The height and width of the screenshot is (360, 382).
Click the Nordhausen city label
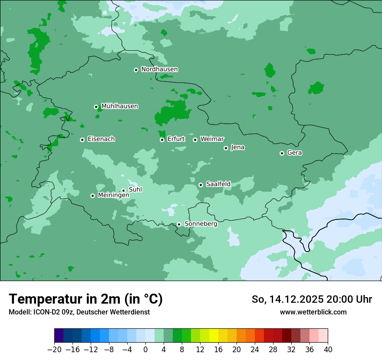tap(159, 69)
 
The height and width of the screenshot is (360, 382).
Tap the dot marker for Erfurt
tap(162, 140)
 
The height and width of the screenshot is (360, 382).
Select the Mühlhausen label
tap(119, 106)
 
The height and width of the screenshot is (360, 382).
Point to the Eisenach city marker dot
tap(82, 140)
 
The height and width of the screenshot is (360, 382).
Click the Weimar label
tap(212, 139)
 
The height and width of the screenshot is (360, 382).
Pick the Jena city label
tap(237, 147)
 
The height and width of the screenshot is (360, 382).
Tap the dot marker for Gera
tap(282, 153)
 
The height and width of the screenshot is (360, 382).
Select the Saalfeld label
tap(218, 184)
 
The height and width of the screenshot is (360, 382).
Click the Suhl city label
tap(135, 190)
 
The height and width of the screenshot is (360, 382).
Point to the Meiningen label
tap(113, 196)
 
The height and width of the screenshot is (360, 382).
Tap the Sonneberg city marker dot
tap(179, 224)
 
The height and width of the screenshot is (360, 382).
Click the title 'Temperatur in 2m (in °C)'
tap(86, 299)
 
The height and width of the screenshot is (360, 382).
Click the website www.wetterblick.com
tap(313, 312)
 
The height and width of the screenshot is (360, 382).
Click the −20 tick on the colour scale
tap(54, 350)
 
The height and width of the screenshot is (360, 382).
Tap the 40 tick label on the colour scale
tap(328, 350)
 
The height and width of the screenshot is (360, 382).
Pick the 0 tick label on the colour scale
tap(145, 350)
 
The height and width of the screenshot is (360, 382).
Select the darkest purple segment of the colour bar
tap(59, 336)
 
